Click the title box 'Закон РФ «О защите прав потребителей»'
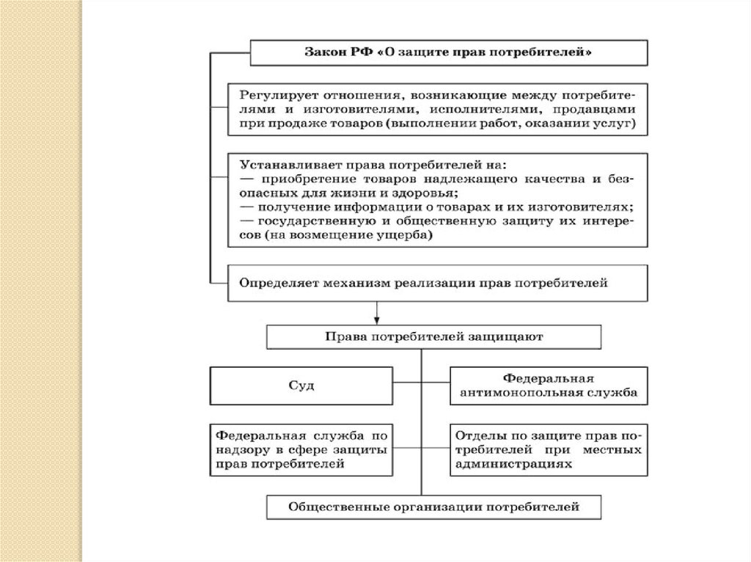449,53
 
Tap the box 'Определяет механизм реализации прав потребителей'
438,283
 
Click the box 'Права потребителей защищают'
433,337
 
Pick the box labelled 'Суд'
301,385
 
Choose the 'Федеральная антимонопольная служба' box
548,385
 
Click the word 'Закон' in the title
320,53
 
